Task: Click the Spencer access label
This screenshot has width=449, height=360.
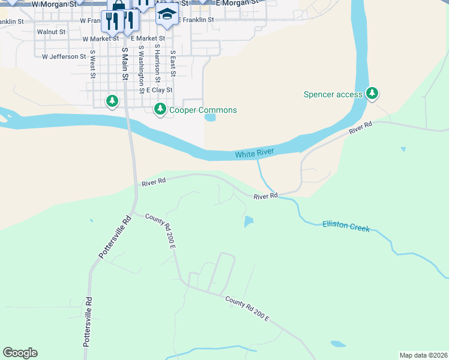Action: pos(333,94)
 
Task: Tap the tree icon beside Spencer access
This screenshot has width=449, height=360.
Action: pos(373,93)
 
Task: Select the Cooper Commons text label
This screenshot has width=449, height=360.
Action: pos(203,110)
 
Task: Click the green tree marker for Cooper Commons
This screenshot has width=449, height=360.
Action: pos(160,109)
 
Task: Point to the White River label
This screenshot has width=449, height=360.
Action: pos(255,154)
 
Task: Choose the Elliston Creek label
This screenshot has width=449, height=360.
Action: pos(346,226)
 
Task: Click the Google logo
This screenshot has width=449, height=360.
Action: pos(20,353)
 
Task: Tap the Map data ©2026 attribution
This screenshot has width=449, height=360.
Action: pos(424,355)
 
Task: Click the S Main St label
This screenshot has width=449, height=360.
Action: pos(125,64)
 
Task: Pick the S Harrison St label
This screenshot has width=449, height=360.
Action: pos(157,62)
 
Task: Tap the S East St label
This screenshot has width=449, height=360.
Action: pos(173,62)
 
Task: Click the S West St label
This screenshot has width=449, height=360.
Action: pos(92,64)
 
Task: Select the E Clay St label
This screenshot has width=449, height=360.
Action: pos(160,90)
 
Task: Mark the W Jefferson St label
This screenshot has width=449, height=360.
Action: pos(64,56)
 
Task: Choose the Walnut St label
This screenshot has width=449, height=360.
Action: pos(50,32)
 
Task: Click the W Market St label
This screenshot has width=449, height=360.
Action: pos(101,38)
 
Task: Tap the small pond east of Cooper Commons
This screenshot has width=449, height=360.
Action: pos(209,118)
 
